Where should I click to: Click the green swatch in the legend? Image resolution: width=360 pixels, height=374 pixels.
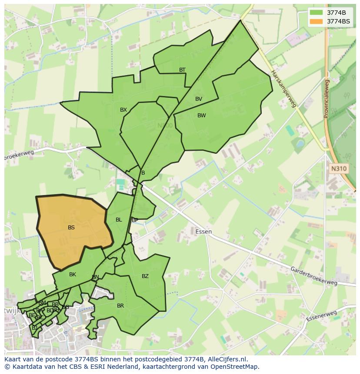[x=316, y=13]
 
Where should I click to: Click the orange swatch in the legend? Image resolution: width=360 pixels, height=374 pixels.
[x=316, y=21]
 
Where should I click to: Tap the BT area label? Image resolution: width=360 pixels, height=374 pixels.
[x=182, y=70]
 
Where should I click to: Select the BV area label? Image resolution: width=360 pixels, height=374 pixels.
[x=199, y=99]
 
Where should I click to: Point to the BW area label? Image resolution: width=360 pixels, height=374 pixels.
[x=201, y=116]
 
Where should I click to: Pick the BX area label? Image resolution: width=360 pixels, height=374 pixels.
[x=123, y=110]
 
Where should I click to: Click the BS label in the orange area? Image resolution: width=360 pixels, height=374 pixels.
[x=71, y=227]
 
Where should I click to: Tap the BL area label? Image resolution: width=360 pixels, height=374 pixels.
[x=119, y=220]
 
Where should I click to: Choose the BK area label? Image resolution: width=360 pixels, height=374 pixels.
[x=73, y=275]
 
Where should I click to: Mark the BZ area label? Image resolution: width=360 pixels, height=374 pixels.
[x=145, y=276]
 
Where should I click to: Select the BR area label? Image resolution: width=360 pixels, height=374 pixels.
[x=120, y=306]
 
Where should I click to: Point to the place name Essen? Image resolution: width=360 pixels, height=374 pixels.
[x=203, y=232]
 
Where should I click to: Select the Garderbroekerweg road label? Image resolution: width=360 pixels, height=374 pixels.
[x=313, y=276]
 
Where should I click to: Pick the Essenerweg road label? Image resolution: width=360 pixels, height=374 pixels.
[x=321, y=316]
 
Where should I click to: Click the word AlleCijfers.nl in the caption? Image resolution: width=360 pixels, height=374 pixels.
[x=227, y=359]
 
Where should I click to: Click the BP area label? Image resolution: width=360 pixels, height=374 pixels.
[x=135, y=220]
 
